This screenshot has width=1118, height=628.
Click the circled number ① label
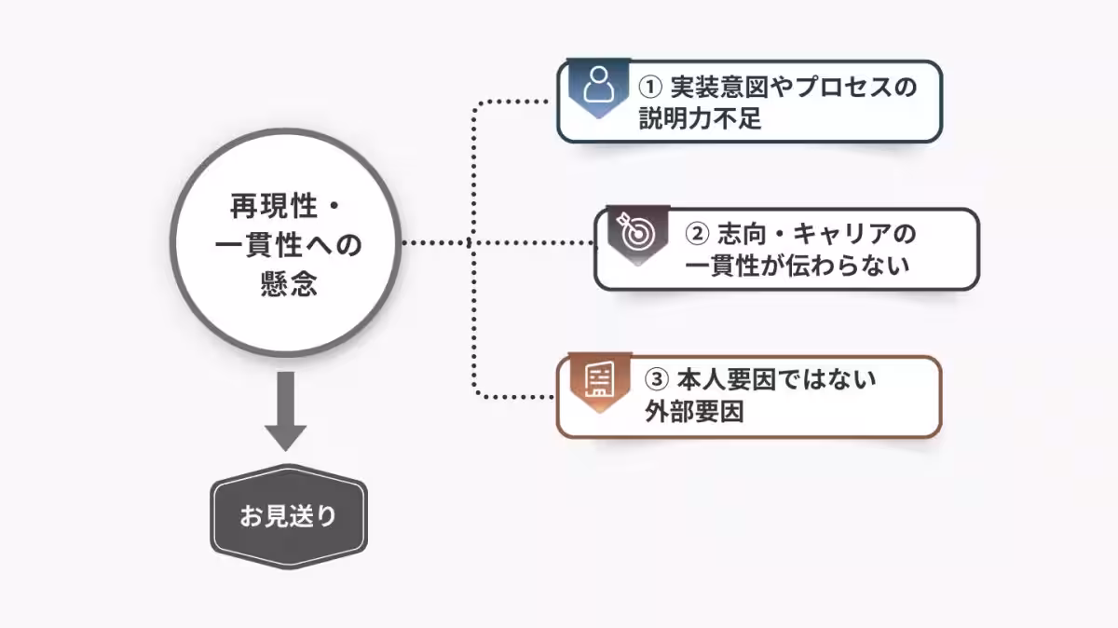click(x=649, y=88)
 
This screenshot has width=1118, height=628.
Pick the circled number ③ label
click(x=658, y=380)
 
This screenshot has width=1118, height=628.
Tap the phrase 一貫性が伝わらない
click(x=797, y=266)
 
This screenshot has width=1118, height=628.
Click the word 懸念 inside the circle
click(x=288, y=283)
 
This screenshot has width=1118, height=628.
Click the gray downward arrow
click(x=286, y=411)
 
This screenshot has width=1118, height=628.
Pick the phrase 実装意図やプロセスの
click(x=793, y=88)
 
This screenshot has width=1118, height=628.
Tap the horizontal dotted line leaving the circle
click(x=438, y=242)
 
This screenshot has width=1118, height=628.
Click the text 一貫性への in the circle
click(x=288, y=244)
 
